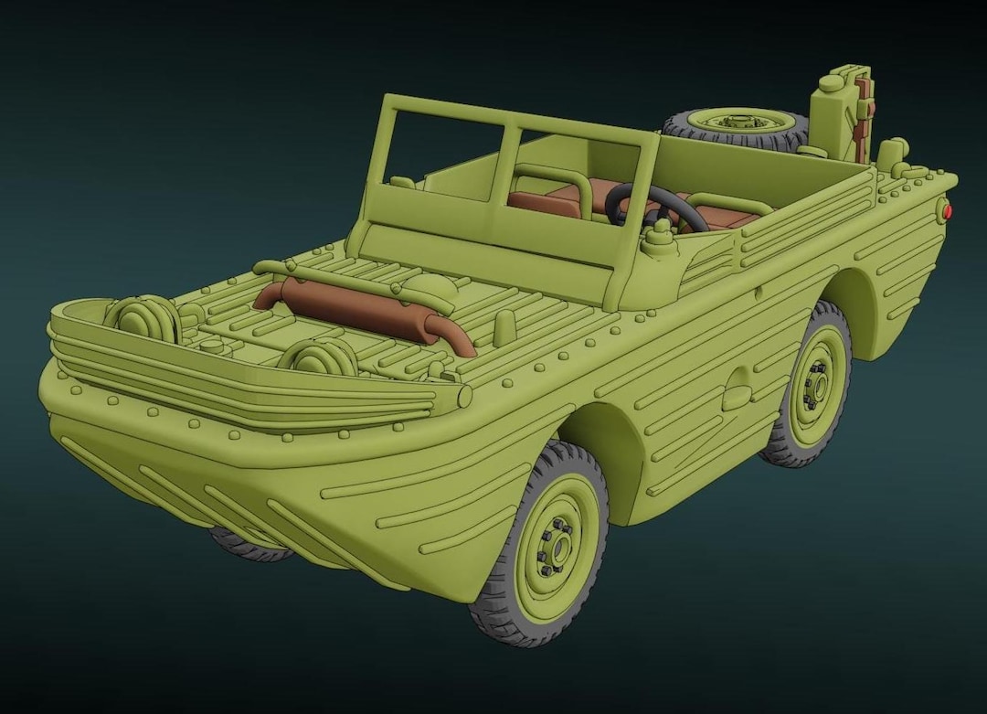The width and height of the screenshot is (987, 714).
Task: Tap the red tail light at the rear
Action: (x=948, y=212)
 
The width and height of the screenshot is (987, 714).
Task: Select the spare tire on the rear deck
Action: (x=736, y=129)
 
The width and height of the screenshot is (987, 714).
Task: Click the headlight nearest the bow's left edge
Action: (x=143, y=316)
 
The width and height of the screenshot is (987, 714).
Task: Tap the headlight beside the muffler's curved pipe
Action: (x=319, y=357)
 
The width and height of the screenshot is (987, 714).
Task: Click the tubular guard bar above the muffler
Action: (x=356, y=282)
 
